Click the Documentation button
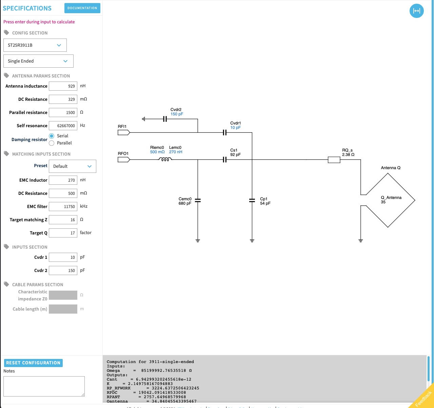(82, 8)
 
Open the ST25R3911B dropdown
(35, 45)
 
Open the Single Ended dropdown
(38, 61)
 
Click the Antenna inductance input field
(63, 86)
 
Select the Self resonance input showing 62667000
(63, 126)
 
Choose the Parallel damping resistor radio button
(52, 143)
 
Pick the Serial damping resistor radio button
(52, 136)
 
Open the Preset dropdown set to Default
(73, 166)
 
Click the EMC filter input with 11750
(63, 207)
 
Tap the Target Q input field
(63, 233)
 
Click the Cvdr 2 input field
(63, 271)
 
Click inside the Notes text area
(44, 386)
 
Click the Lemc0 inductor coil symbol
(165, 159)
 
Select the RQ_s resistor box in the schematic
(334, 160)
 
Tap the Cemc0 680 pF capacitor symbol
(198, 201)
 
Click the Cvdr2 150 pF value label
(177, 114)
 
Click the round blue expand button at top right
(417, 11)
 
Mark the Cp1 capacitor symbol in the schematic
(252, 201)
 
